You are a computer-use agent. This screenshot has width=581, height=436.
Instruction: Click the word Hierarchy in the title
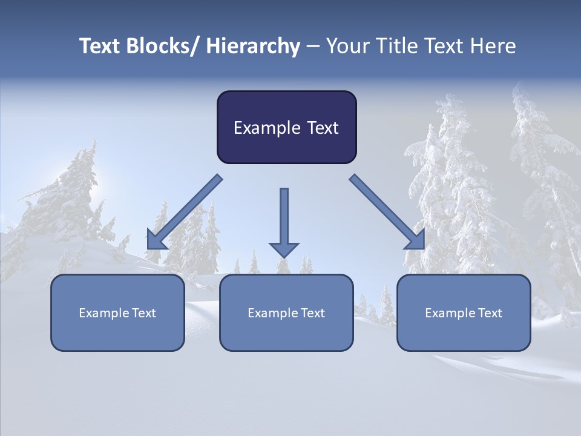click(x=253, y=47)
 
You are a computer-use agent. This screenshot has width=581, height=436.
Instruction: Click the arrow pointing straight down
click(x=284, y=221)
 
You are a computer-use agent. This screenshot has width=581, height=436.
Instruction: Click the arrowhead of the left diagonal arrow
click(x=154, y=242)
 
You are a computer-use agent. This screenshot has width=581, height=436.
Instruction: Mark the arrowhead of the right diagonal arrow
click(x=416, y=242)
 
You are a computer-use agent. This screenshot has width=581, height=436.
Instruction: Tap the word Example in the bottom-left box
click(x=104, y=313)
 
